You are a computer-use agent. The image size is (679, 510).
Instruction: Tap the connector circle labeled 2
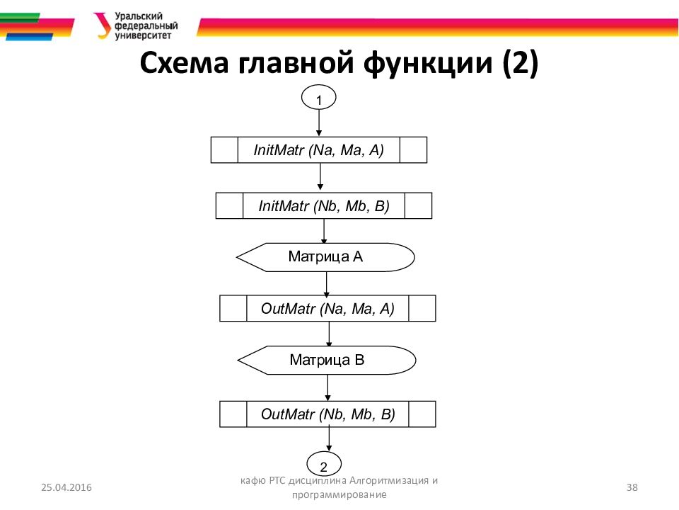(x=324, y=466)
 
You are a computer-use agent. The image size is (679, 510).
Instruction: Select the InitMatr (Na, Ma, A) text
(x=318, y=150)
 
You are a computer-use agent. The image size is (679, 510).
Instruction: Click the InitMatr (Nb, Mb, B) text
(x=323, y=206)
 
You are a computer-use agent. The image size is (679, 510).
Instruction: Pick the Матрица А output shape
(x=325, y=256)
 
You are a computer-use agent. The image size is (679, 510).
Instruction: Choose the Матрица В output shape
(x=326, y=360)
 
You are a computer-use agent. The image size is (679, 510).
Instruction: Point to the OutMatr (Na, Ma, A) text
(x=327, y=309)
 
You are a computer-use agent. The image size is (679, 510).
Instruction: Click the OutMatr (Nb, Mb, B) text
(x=327, y=414)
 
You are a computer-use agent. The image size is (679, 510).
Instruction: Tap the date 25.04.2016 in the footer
(x=66, y=487)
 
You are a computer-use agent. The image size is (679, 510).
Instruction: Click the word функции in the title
(x=429, y=64)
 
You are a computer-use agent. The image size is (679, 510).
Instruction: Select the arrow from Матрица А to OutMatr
(x=327, y=283)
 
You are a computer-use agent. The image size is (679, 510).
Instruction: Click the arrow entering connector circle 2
(x=327, y=441)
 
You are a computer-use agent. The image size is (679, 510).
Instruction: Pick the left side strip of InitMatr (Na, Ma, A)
(x=225, y=150)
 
